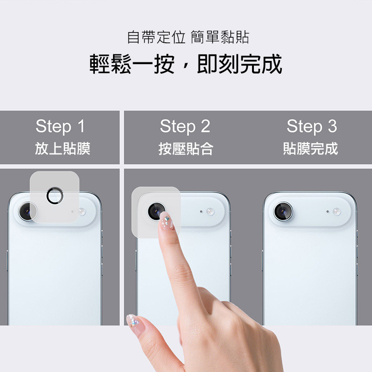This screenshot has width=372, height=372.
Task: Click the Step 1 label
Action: pos(60,126)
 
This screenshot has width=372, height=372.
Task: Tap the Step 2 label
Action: pos(185,126)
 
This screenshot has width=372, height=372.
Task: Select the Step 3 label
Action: pos(312,126)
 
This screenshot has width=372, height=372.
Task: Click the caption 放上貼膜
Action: pos(63,149)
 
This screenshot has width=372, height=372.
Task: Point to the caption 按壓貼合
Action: pos(186,149)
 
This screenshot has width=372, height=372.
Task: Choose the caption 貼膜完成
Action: pos(311,149)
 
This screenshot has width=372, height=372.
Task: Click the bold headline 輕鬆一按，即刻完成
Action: pos(186,64)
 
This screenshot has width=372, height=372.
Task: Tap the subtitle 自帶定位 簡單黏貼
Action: pos(188,37)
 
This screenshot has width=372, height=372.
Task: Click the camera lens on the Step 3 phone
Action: pos(283,211)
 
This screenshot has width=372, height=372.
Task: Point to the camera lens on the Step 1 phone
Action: pos(27,211)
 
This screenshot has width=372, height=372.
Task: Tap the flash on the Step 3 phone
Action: pos(337,211)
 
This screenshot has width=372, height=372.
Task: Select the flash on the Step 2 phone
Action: pos(210,211)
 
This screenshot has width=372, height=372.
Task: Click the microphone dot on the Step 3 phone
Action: pos(328,211)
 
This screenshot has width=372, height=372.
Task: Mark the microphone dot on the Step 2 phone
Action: pos(201,211)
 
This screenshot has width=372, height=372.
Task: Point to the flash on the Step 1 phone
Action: pos(82,211)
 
